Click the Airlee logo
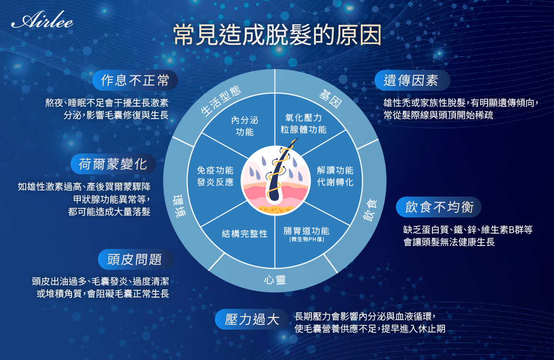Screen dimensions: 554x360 [42, 21]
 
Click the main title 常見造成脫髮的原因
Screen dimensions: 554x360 [277, 35]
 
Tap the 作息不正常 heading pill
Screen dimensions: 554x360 [135, 80]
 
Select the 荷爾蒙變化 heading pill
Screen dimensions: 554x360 [113, 164]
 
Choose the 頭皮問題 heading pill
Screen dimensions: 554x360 [135, 259]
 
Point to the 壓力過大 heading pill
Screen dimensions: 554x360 [252, 319]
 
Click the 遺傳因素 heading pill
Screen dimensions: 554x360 [412, 81]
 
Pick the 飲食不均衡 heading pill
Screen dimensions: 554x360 [439, 207]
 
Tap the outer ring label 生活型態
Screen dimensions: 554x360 [221, 101]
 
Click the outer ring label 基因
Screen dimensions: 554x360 [331, 99]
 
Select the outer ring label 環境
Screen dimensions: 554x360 [179, 206]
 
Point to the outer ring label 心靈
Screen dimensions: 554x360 [275, 280]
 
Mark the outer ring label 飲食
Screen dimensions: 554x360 [370, 211]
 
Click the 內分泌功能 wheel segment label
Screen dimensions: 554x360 [244, 126]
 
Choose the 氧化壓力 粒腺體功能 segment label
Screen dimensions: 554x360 [304, 124]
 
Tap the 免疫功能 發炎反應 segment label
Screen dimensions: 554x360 [215, 176]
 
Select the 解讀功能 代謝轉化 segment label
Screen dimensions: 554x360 [335, 176]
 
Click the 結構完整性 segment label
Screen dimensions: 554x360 [244, 234]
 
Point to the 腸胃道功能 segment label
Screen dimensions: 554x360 [306, 234]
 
